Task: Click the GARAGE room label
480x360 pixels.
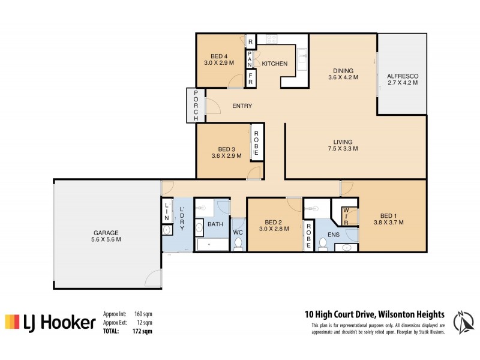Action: click(x=106, y=235)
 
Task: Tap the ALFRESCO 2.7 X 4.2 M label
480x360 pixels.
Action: click(x=402, y=79)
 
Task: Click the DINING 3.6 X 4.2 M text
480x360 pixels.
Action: click(x=343, y=74)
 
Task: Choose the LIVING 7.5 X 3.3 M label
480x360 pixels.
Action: click(x=343, y=145)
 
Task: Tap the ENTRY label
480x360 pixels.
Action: click(x=242, y=106)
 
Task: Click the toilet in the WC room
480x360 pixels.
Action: click(x=238, y=243)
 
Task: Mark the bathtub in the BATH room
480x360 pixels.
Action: click(x=211, y=245)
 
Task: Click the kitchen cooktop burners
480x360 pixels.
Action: click(x=271, y=39)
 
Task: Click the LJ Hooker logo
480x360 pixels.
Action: click(x=50, y=323)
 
